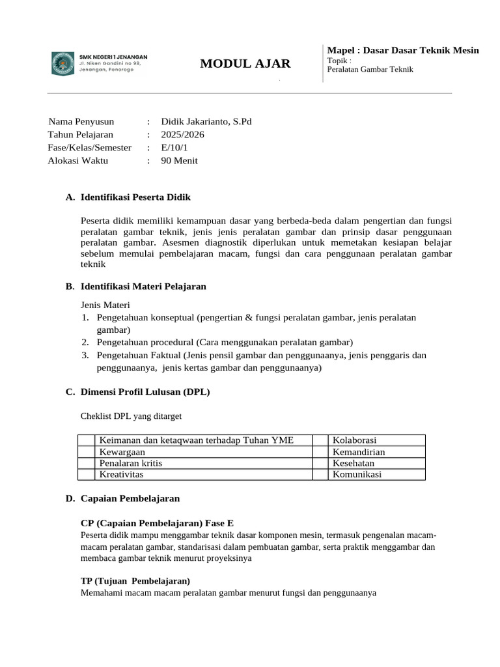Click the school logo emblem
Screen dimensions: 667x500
pyautogui.click(x=63, y=63)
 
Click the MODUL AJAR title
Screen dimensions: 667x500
pyautogui.click(x=245, y=63)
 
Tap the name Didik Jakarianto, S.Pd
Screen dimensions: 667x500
pyautogui.click(x=206, y=121)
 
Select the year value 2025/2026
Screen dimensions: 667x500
pyautogui.click(x=183, y=134)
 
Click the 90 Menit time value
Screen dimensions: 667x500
pyautogui.click(x=180, y=160)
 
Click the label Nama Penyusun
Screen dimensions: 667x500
pyautogui.click(x=81, y=121)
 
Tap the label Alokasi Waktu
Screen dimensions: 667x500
pyautogui.click(x=78, y=160)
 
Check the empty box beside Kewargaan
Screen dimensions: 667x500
pyautogui.click(x=86, y=451)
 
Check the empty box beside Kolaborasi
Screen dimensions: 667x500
pyautogui.click(x=320, y=440)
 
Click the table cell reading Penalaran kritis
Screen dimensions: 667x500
pyautogui.click(x=131, y=462)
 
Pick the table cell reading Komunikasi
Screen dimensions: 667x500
pyautogui.click(x=358, y=474)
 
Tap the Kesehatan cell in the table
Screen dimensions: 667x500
pyautogui.click(x=355, y=462)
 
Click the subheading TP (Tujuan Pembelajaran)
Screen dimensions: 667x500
pyautogui.click(x=135, y=580)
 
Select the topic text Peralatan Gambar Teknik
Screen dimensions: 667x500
pyautogui.click(x=370, y=70)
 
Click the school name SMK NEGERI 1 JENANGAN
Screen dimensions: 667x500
pyautogui.click(x=113, y=57)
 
